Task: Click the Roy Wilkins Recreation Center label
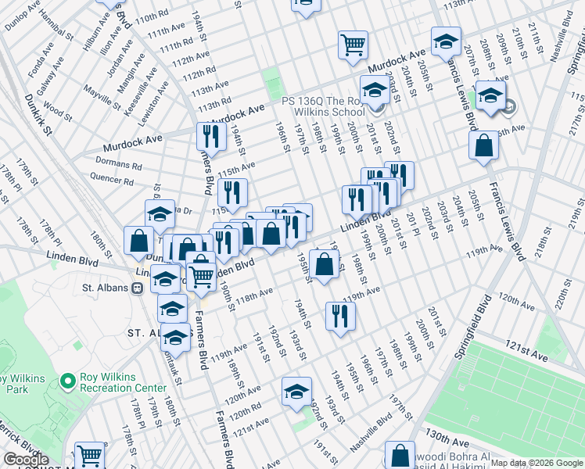(124, 382)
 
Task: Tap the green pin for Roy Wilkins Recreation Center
(68, 381)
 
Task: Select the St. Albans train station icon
(137, 288)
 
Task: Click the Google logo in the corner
(26, 460)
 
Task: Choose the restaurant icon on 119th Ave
(339, 317)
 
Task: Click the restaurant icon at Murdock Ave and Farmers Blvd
(210, 136)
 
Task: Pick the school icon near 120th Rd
(296, 392)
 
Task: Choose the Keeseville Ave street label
(142, 100)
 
